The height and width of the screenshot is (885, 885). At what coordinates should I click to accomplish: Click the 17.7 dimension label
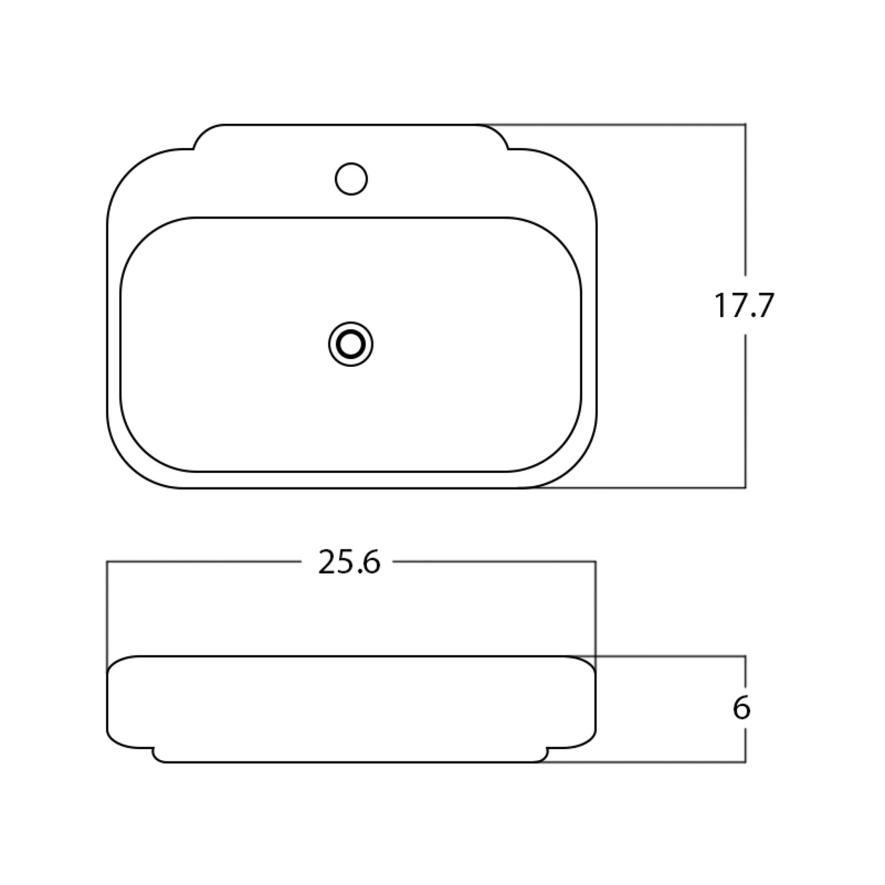(x=744, y=306)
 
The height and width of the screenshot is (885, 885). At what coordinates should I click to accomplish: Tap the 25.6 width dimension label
(x=349, y=562)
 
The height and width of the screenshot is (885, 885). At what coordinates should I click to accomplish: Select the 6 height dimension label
(x=741, y=709)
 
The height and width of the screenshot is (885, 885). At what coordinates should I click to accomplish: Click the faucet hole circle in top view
(x=351, y=179)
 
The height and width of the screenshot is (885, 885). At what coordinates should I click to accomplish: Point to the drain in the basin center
(x=351, y=345)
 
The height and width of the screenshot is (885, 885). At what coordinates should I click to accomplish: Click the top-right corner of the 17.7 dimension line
(x=745, y=124)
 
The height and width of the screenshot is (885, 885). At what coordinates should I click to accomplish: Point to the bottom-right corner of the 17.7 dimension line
(x=745, y=488)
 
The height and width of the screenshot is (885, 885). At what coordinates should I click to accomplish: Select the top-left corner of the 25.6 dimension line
(x=107, y=561)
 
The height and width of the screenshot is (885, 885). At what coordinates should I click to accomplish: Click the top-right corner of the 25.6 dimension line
(x=595, y=561)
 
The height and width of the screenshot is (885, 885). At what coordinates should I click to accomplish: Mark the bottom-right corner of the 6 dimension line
(x=745, y=762)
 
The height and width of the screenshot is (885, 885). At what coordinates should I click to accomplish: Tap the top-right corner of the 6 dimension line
(x=745, y=657)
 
